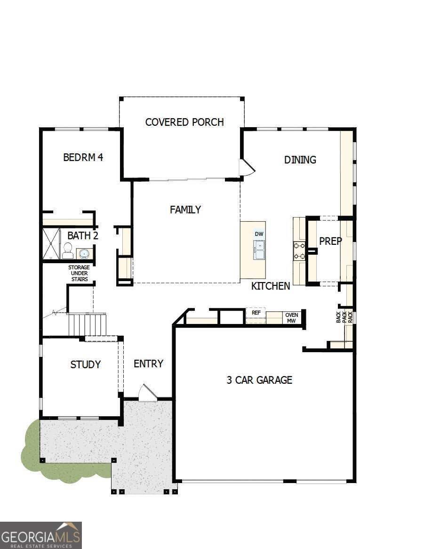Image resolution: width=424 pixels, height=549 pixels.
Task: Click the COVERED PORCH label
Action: [x=184, y=122]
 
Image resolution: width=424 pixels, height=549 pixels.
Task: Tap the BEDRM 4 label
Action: [x=83, y=157]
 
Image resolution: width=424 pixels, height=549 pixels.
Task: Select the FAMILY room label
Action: [x=185, y=210]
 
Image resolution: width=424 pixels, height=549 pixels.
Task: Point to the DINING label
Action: [x=300, y=160]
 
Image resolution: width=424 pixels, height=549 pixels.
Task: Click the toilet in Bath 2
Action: [x=67, y=251]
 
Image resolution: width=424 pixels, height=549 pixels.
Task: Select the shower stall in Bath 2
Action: [x=51, y=243]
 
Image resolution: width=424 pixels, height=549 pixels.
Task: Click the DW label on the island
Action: [x=259, y=234]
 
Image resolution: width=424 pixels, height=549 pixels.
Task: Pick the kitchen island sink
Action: [x=259, y=250]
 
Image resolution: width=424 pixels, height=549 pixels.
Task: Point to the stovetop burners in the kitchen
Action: [x=299, y=250]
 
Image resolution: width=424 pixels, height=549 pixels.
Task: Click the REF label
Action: [x=256, y=312]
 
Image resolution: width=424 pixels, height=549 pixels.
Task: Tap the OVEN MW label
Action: [x=292, y=318]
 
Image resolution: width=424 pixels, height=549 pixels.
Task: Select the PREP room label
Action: [x=330, y=241]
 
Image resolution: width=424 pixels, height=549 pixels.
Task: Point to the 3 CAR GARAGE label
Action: [x=259, y=380]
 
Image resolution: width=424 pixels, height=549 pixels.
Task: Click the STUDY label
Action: [x=85, y=364]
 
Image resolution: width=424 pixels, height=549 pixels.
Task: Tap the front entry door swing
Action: [x=148, y=394]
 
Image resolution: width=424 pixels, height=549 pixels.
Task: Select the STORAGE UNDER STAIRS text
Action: [x=79, y=273]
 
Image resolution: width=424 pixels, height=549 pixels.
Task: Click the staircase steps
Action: [x=88, y=324]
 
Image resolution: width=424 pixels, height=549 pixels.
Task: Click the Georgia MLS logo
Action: [x=41, y=535]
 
